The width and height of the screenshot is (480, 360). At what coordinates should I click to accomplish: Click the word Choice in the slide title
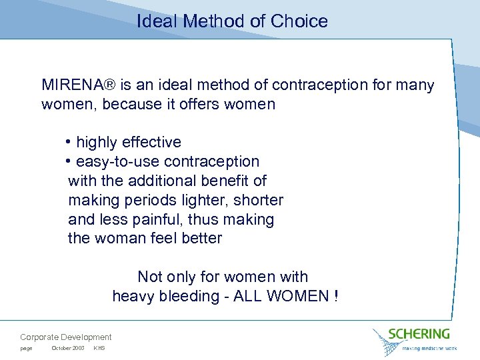[299, 21]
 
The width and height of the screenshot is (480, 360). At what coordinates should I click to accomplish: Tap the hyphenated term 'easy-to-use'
[117, 162]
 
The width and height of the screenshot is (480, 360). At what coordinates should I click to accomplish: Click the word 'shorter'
[259, 200]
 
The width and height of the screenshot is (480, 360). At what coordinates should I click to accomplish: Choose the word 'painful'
[168, 219]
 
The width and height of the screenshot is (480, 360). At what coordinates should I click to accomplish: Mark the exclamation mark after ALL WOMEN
[335, 296]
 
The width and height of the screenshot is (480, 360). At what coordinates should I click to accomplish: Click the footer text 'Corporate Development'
[66, 337]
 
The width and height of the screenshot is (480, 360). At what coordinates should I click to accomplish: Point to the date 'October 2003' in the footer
[67, 349]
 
